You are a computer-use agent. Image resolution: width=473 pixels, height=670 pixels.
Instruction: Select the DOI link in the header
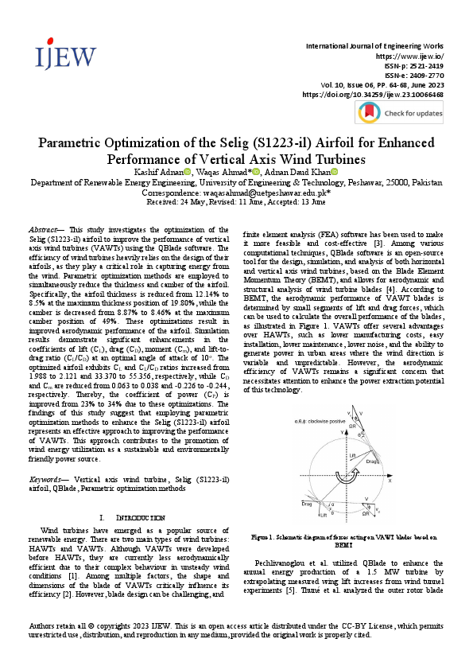tap(373, 95)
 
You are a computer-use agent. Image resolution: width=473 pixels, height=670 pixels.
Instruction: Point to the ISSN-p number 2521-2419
tap(425, 67)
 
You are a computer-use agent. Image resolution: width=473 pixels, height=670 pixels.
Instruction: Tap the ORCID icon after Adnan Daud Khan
tap(335, 172)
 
